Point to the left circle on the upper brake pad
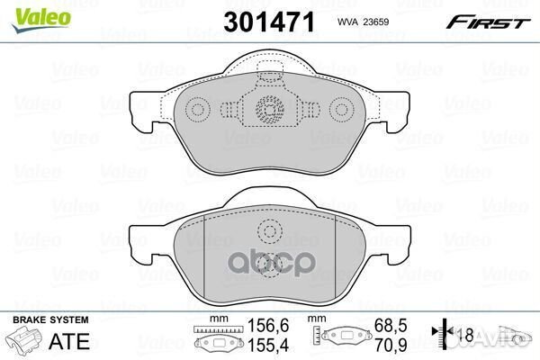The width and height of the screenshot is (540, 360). coord(196,111)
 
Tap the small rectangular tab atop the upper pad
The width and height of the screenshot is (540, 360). coord(269,79)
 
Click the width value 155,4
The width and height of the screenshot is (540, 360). coord(258,345)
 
